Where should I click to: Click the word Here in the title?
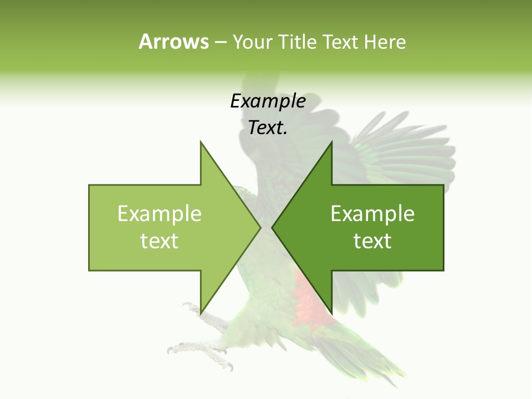[385, 42]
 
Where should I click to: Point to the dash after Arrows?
[221, 43]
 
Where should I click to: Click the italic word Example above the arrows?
[268, 101]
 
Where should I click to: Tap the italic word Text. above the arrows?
[268, 128]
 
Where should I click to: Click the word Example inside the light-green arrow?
[160, 214]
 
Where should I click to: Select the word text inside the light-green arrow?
[160, 241]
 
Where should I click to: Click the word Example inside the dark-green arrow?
[372, 214]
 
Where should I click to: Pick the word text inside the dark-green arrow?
[372, 241]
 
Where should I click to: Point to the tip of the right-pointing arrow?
[260, 227]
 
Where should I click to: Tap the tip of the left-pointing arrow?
[272, 227]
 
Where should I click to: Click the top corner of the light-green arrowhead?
[201, 142]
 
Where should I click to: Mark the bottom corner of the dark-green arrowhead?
[331, 314]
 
